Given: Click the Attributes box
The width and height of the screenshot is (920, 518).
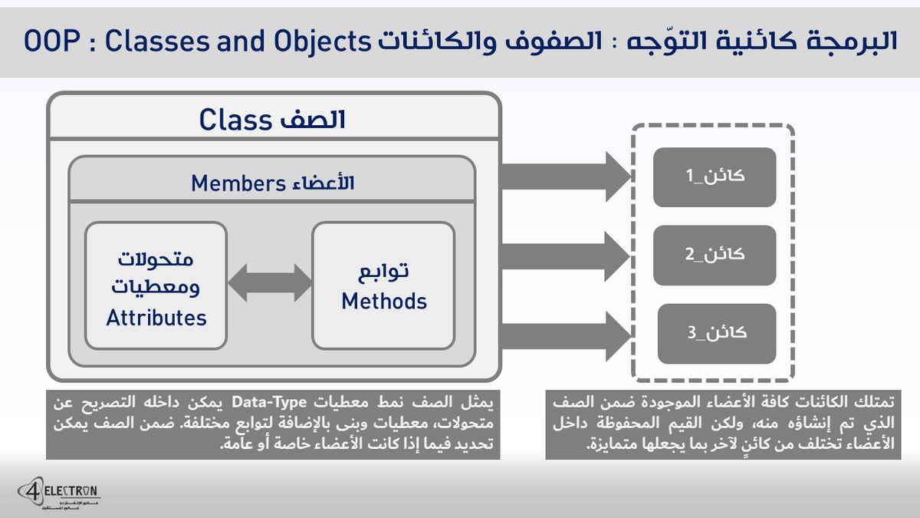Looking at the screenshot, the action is pos(156,285).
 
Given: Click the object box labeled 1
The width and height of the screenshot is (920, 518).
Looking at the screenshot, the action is pos(715,176).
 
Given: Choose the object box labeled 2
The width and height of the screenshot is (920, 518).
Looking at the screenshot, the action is pos(715,254).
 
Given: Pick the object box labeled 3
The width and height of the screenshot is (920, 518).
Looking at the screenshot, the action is pos(715,333).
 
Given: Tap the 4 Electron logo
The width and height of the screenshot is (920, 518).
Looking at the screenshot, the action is pos(59,494).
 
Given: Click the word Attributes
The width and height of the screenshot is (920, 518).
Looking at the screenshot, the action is pos(156,317).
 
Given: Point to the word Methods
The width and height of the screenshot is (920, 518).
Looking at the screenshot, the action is pos(384,301).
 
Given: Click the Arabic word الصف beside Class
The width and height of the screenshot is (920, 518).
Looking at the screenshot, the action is pos(316,120).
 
